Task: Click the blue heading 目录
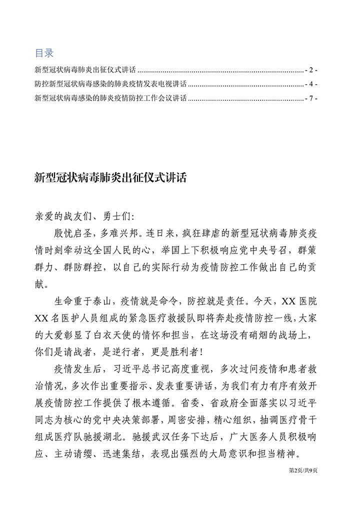(x=44, y=52)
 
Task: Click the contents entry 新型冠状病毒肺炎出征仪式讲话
(x=85, y=69)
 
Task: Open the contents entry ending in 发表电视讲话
(x=110, y=84)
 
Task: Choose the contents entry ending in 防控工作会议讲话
(x=110, y=98)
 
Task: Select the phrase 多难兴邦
(x=110, y=233)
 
